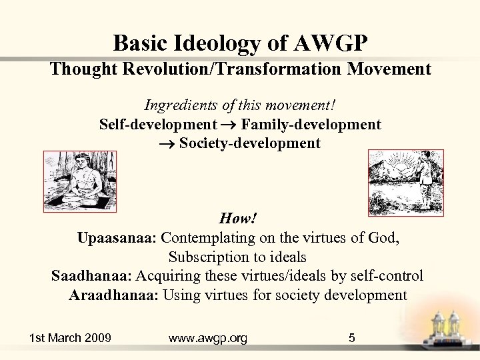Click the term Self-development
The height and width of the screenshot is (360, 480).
coord(158,125)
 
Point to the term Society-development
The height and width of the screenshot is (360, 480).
coord(249,143)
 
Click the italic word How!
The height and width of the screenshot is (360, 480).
coord(238,219)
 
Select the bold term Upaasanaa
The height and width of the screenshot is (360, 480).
coord(117,238)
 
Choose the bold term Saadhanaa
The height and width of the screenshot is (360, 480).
coord(92,276)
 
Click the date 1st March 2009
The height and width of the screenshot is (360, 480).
coord(70,338)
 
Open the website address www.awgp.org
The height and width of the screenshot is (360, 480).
coord(208,338)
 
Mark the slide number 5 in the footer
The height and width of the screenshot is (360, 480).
coord(352,338)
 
